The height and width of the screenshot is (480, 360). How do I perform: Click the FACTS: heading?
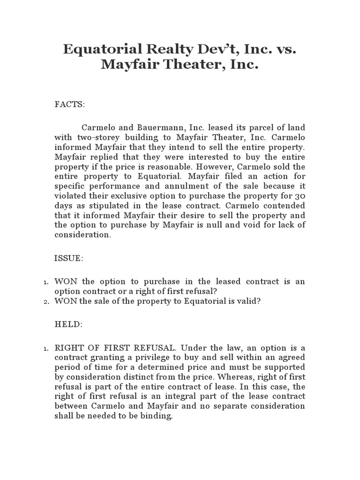click(70, 105)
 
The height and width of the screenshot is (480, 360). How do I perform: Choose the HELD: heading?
click(68, 324)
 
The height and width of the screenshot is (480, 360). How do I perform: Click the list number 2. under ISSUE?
click(46, 302)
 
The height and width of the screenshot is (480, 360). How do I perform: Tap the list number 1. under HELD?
click(46, 348)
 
